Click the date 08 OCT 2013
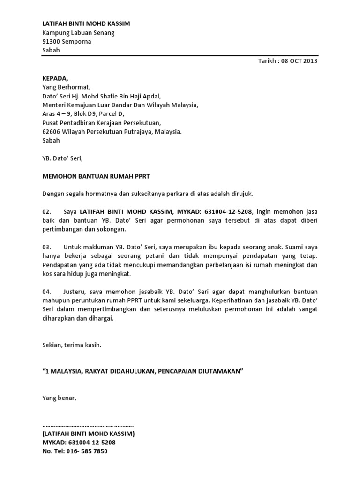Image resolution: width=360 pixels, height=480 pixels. click(x=300, y=61)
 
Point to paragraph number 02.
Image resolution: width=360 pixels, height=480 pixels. click(x=47, y=212)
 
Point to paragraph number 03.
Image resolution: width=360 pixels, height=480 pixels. click(x=47, y=247)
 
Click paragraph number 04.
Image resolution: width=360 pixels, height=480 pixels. click(x=47, y=292)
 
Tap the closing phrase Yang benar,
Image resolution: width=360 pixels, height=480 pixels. click(x=59, y=398)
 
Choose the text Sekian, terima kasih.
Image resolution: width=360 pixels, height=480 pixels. click(x=72, y=345)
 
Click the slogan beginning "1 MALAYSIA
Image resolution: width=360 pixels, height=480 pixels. click(x=143, y=371)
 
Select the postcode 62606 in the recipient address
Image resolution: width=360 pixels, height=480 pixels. click(x=52, y=132)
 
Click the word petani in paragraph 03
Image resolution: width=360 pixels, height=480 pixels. click(x=177, y=256)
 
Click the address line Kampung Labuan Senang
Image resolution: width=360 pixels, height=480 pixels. click(x=78, y=32)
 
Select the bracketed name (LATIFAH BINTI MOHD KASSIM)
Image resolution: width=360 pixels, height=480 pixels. click(x=88, y=434)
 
